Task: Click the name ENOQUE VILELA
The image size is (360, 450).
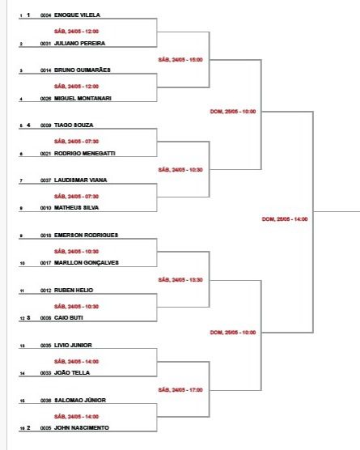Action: [77, 15]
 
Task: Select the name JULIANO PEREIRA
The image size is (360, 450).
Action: [80, 44]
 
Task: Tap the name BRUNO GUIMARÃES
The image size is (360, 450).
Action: [83, 70]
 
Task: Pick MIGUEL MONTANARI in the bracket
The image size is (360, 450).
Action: [83, 98]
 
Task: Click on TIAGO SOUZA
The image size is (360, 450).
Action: [74, 125]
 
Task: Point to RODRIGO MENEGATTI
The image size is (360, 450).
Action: [85, 153]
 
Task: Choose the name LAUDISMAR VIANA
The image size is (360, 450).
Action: [81, 180]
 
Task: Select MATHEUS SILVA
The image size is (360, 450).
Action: [77, 207]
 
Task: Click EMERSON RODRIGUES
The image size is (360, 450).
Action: [86, 235]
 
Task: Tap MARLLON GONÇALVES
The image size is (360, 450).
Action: [87, 262]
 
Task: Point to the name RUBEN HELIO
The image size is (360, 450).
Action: [74, 290]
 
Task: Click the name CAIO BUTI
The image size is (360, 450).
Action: [69, 318]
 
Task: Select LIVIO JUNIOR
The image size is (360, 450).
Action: [73, 346]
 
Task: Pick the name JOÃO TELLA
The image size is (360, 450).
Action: [72, 372]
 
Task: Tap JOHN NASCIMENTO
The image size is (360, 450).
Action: [82, 427]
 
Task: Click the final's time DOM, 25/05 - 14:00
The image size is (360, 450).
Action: [285, 219]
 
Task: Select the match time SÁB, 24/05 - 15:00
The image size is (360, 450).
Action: [180, 60]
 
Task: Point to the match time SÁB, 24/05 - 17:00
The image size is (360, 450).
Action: [180, 390]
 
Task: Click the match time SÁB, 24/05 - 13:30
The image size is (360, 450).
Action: [180, 279]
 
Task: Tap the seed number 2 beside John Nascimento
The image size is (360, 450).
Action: [28, 427]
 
